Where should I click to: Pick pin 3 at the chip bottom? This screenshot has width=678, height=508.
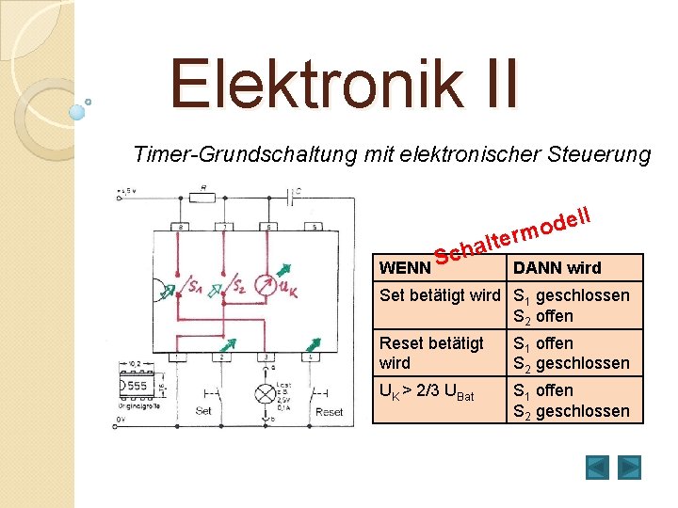[x=266, y=357]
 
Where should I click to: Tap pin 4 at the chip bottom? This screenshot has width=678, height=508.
[x=312, y=357]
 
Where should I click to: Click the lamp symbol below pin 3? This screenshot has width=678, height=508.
[x=266, y=394]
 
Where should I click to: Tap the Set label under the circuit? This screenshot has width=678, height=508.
[x=202, y=411]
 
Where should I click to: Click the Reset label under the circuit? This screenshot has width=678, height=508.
[x=329, y=411]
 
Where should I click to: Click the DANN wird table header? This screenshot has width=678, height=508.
[x=557, y=268]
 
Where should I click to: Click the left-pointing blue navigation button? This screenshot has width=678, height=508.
[x=597, y=467]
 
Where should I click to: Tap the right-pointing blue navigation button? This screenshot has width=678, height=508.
[x=629, y=467]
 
